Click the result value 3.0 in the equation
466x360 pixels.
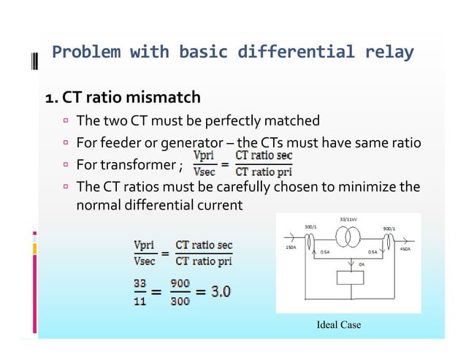[221, 291]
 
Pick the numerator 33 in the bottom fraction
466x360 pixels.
[140, 283]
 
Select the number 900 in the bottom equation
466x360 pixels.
[181, 283]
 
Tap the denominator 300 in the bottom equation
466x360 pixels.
[181, 299]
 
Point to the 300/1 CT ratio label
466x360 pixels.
[312, 227]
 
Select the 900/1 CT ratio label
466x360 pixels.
[389, 229]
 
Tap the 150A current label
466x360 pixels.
[289, 248]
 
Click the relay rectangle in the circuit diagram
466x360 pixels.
[348, 278]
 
